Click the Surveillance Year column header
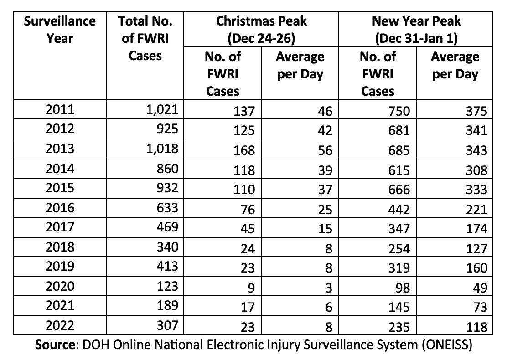coord(60,30)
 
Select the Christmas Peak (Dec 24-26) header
coord(261,30)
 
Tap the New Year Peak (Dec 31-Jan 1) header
coord(416,30)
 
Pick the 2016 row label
coord(60,209)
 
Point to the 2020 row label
coord(60,287)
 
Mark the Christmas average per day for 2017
coord(326,228)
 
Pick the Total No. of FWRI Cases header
coord(145,38)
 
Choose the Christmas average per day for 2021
coord(329,307)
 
